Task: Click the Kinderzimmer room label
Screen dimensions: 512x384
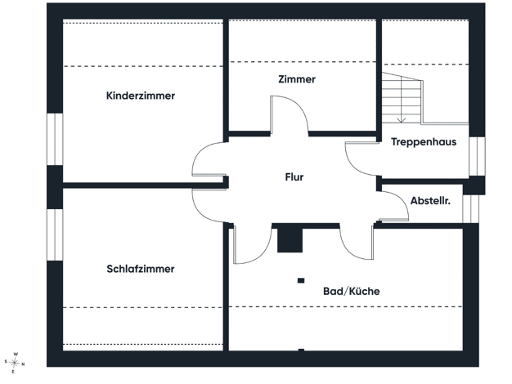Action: pos(141,96)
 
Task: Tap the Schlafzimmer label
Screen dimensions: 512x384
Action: pos(141,269)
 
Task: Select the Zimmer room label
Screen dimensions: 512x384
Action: pos(297,79)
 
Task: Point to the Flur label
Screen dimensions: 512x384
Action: pos(294,177)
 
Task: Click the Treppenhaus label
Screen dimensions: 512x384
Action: pos(424,142)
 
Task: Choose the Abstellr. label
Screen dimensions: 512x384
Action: pos(430,201)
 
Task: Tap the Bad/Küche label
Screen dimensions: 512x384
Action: pos(352,291)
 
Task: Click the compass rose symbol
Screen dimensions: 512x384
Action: pos(15,363)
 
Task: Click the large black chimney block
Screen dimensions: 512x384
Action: pos(290,240)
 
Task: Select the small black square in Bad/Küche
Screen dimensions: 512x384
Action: pos(301,280)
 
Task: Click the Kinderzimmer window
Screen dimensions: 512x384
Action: pos(55,140)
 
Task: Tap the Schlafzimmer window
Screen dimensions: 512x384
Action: pos(55,235)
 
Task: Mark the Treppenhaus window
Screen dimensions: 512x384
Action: pos(477,156)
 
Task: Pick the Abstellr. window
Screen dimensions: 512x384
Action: pos(470,209)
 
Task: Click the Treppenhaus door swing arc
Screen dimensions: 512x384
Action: pos(351,163)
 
